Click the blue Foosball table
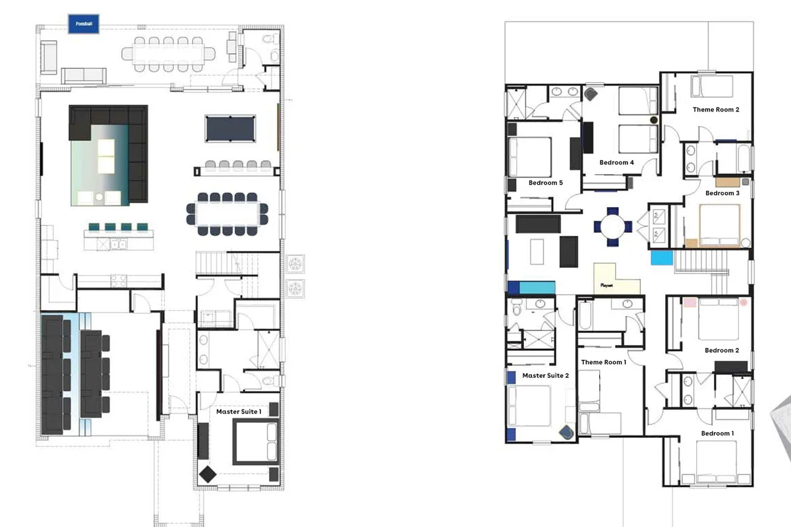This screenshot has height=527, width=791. click(84, 24)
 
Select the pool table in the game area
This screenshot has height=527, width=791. click(230, 129)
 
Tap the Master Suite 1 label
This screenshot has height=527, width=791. click(239, 412)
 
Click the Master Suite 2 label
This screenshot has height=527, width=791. click(546, 375)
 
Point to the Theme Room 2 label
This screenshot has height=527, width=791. click(716, 109)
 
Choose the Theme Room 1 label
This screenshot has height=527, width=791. click(604, 362)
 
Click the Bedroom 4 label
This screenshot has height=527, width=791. click(616, 163)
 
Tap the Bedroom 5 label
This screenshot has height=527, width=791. click(546, 183)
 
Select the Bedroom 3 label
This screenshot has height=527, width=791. click(722, 193)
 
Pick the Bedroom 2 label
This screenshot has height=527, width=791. click(722, 350)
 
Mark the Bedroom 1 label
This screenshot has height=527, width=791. click(717, 433)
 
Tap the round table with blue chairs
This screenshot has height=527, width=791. click(612, 227)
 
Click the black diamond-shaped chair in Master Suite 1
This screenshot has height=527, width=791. click(208, 474)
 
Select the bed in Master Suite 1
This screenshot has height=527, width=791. click(256, 441)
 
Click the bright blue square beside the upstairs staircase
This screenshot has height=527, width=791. click(662, 258)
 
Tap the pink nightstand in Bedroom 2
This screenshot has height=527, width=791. click(690, 303)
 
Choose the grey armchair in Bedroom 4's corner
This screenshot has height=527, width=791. click(591, 94)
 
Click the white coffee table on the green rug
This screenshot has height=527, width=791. click(106, 156)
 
